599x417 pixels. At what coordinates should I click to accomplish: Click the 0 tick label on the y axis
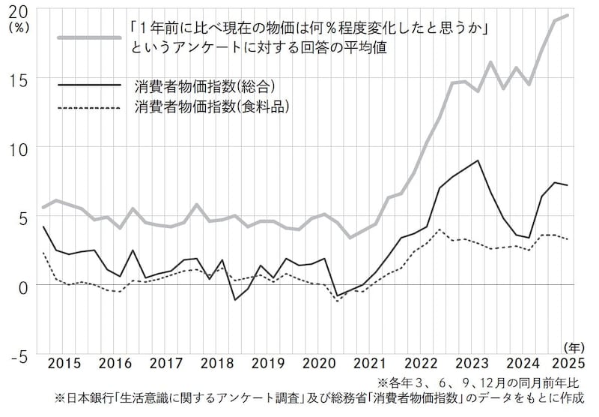(23, 286)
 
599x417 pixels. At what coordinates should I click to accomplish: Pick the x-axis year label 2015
(64, 364)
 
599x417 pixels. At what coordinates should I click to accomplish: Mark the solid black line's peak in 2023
(478, 160)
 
